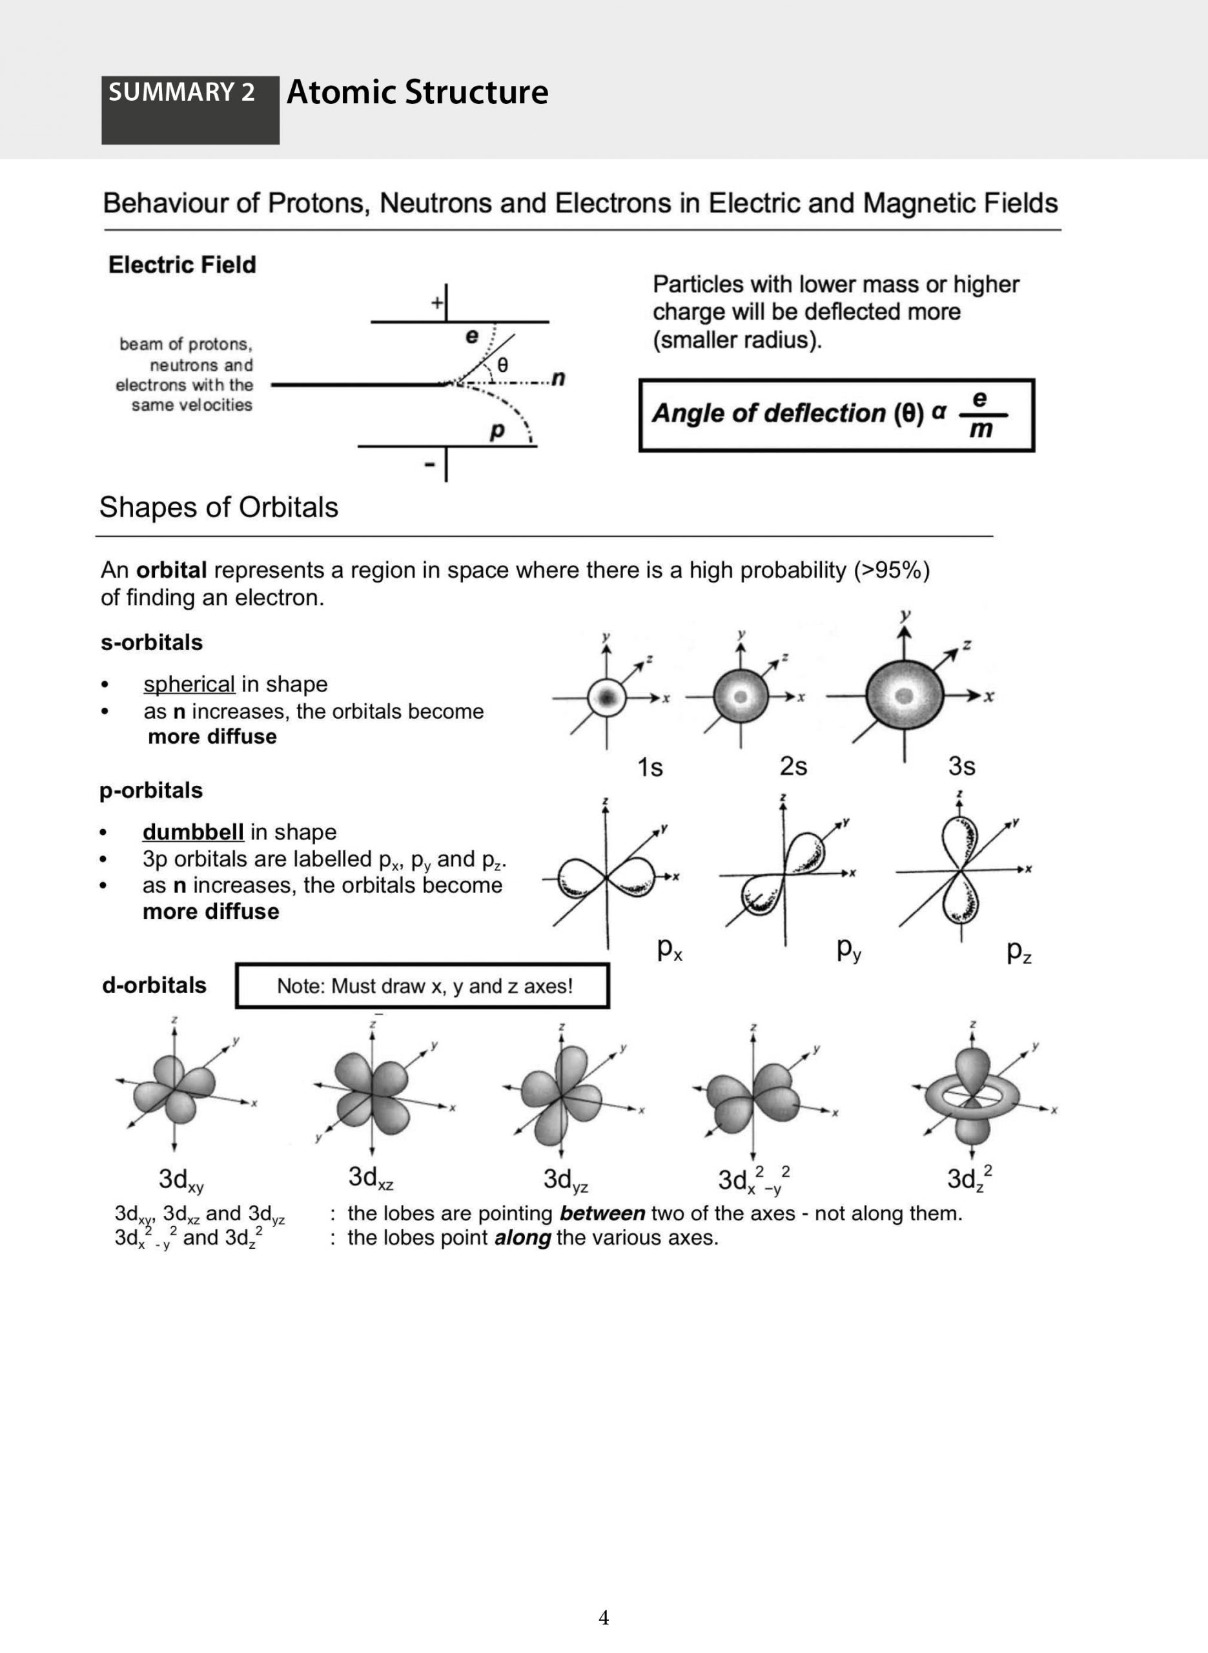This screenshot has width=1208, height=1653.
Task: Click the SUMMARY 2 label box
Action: (x=189, y=109)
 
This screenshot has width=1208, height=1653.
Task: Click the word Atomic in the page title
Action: (x=341, y=92)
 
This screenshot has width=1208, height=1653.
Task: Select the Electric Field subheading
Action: (x=182, y=265)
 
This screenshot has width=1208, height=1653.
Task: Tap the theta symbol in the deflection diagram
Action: (x=502, y=364)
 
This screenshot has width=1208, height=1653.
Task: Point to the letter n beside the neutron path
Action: (x=558, y=378)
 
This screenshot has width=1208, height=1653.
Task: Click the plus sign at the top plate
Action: (x=436, y=303)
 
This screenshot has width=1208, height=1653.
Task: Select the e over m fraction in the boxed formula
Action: (x=980, y=415)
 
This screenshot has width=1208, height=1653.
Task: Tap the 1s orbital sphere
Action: (x=606, y=697)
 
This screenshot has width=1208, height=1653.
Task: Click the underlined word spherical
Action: (x=189, y=684)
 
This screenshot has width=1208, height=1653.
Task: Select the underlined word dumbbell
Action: (x=193, y=832)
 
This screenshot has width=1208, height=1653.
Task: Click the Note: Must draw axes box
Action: (x=423, y=985)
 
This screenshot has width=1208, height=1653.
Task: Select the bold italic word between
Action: (x=602, y=1214)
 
